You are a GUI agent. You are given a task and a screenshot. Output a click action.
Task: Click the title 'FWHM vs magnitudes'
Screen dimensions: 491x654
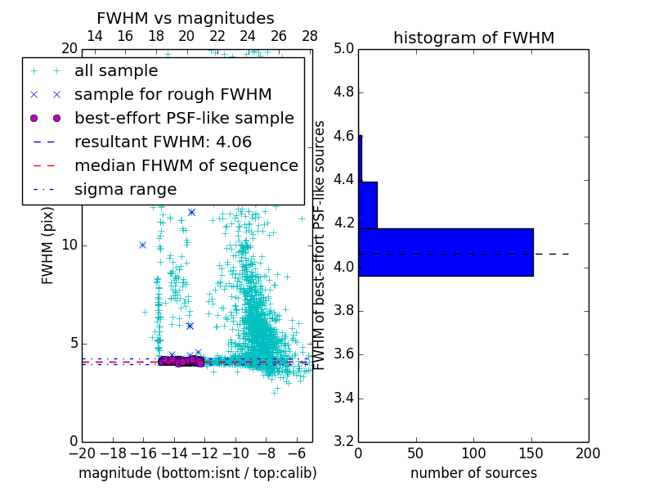[186, 18]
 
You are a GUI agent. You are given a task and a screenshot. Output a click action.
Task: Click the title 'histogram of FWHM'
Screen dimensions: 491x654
[473, 38]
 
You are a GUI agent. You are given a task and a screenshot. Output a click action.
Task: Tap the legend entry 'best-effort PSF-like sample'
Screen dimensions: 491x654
[184, 118]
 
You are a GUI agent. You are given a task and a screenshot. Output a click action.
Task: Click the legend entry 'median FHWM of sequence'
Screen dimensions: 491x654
[186, 165]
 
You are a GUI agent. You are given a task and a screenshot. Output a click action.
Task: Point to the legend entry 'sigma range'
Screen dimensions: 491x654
[125, 189]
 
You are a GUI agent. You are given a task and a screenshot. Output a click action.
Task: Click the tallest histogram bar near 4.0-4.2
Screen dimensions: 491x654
[446, 252]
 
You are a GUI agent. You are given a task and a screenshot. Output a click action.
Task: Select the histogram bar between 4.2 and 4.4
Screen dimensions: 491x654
[368, 205]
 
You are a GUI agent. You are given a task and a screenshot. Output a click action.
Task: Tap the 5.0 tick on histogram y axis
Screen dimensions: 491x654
[343, 48]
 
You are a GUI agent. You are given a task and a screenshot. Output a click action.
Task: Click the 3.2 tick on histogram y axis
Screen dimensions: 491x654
[343, 442]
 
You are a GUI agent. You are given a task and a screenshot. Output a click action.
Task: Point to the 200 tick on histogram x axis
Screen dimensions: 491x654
[588, 453]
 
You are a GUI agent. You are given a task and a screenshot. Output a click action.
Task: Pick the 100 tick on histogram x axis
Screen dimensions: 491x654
[473, 453]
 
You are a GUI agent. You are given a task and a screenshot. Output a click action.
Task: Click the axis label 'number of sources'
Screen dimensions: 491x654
[473, 473]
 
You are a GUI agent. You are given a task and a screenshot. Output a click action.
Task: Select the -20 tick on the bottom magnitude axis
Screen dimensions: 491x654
[82, 453]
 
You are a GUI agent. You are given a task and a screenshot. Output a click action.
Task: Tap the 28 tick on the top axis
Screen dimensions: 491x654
[310, 36]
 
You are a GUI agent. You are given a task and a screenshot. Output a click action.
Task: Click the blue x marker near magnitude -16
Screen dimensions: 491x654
[142, 245]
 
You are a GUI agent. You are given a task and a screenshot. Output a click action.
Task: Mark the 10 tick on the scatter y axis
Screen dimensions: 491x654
[70, 245]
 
